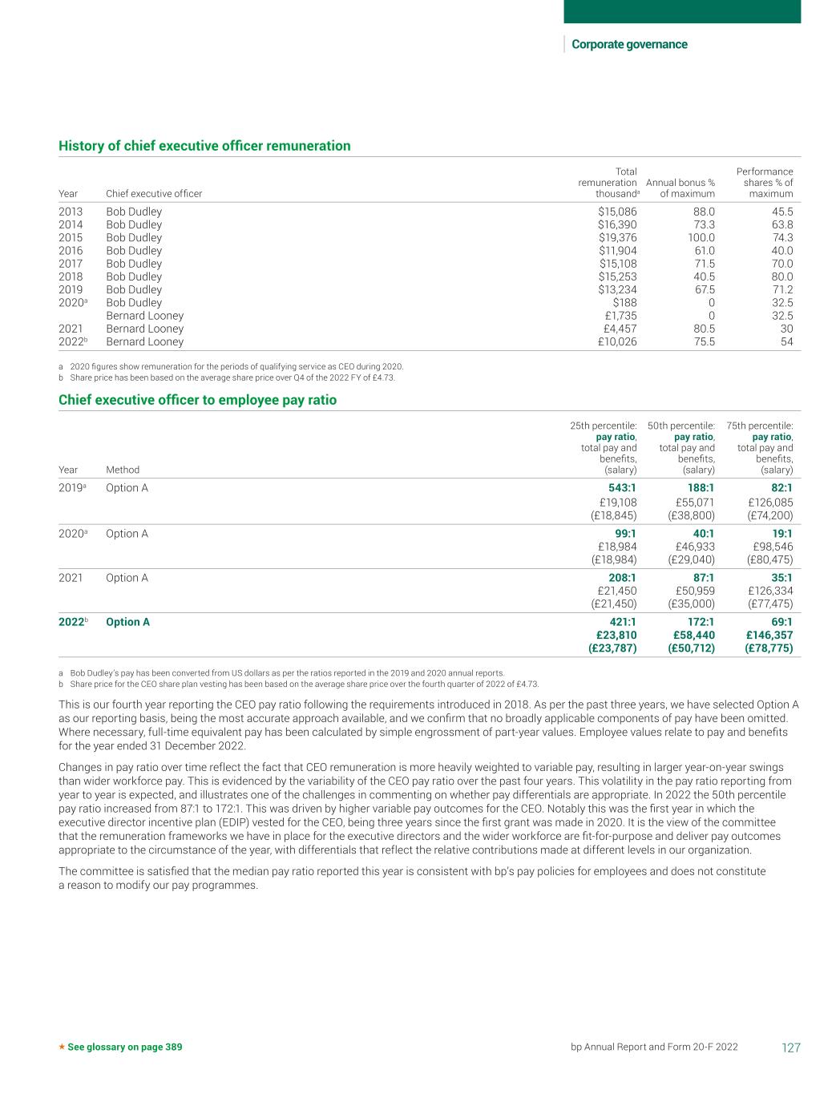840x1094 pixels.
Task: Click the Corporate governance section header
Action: (x=629, y=44)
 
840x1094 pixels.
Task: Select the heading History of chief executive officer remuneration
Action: (x=204, y=146)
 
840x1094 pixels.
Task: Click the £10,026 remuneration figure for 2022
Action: (x=618, y=342)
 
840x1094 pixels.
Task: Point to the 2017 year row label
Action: (x=71, y=264)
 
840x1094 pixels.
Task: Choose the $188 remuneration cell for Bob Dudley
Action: (x=624, y=303)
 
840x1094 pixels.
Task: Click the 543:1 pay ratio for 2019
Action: (x=623, y=488)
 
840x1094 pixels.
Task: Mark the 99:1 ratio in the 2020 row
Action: (x=625, y=534)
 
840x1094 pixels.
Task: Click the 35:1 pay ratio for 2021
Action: (x=781, y=578)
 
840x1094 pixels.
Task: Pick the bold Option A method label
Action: (x=127, y=622)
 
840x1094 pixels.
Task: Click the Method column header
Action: (x=123, y=470)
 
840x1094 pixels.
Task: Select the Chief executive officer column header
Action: (x=154, y=194)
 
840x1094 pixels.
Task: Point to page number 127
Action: (x=790, y=1048)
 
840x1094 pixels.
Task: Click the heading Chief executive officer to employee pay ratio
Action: (x=197, y=400)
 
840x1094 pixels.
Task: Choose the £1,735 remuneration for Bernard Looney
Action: (x=620, y=316)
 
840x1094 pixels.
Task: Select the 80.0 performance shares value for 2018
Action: (x=781, y=277)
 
